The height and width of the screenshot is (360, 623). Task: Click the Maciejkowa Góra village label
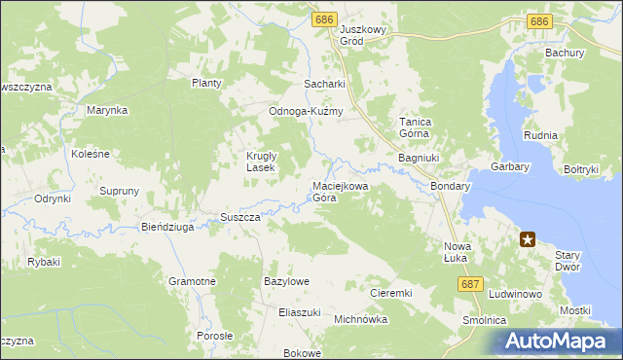coord(338,192)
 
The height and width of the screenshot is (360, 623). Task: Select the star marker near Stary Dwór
coord(528,238)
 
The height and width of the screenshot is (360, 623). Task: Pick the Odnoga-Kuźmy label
coord(307,111)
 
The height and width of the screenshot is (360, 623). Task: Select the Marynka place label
coord(107,111)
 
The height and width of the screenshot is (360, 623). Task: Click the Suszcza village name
coord(239,217)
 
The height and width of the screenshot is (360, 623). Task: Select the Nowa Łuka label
coord(457,252)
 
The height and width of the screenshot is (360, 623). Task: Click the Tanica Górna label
coord(416,128)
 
